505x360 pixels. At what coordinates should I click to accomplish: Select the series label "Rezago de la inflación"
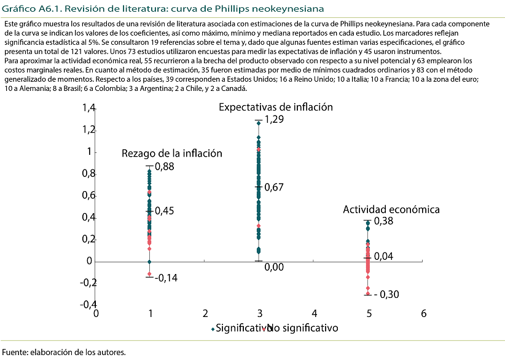click(x=171, y=154)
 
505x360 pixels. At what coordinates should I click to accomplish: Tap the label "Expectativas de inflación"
click(x=276, y=107)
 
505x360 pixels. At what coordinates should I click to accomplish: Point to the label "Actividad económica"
click(x=391, y=209)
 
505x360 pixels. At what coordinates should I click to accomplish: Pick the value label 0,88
click(x=164, y=166)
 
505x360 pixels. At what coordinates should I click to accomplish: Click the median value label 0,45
click(x=164, y=211)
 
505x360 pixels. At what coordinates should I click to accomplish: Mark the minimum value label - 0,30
click(x=386, y=295)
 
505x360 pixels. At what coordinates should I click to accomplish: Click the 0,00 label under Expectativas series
click(x=274, y=267)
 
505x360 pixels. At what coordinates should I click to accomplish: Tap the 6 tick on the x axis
click(x=424, y=313)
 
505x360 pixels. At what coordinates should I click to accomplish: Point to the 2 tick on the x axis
click(x=205, y=313)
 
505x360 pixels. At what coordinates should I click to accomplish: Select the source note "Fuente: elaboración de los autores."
click(x=63, y=353)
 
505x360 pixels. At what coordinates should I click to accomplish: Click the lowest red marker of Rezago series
click(x=149, y=274)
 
